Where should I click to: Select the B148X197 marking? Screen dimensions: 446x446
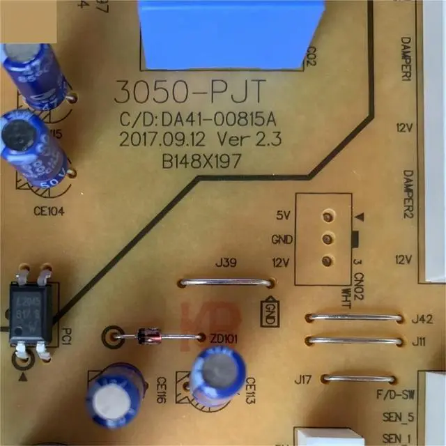pyautogui.click(x=201, y=161)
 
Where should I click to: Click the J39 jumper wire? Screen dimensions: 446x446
pyautogui.click(x=225, y=284)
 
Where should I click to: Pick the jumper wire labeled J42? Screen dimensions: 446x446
pyautogui.click(x=355, y=318)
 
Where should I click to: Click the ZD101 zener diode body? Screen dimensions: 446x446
pyautogui.click(x=148, y=337)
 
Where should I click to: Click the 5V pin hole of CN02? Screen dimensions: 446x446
pyautogui.click(x=325, y=216)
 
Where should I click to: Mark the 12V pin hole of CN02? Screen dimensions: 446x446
pyautogui.click(x=325, y=261)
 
